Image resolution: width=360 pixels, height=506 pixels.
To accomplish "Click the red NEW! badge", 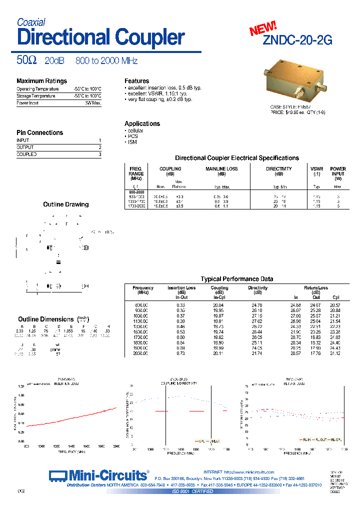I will pyautogui.click(x=263, y=28).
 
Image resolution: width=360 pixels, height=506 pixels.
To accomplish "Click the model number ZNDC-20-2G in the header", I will pyautogui.click(x=297, y=41).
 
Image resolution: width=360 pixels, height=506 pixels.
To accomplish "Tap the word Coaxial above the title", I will pyautogui.click(x=31, y=22).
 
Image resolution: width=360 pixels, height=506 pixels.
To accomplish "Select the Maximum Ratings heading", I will pyautogui.click(x=41, y=81).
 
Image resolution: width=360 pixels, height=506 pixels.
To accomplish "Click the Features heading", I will pyautogui.click(x=136, y=81).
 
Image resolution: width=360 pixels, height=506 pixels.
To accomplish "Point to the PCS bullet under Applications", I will pyautogui.click(x=133, y=136).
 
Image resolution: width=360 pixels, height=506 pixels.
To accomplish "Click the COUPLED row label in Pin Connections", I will pyautogui.click(x=26, y=154).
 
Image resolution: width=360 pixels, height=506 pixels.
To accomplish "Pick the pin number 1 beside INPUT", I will pyautogui.click(x=100, y=140).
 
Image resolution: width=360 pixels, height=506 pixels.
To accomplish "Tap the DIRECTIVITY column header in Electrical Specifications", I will pyautogui.click(x=278, y=169).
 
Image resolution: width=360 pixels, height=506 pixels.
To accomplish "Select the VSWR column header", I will pyautogui.click(x=316, y=169).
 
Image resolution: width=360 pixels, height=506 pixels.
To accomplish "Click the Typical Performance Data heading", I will pyautogui.click(x=237, y=279).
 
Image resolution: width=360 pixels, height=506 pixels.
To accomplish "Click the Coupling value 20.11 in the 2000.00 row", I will pyautogui.click(x=218, y=353).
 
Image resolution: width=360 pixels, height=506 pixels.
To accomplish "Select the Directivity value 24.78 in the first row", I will pyautogui.click(x=257, y=305).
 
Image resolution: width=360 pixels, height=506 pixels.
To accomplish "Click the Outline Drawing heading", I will pyautogui.click(x=66, y=204).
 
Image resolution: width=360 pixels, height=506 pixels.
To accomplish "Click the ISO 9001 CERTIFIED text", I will pyautogui.click(x=193, y=491).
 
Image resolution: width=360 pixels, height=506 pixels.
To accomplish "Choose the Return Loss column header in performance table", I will pyautogui.click(x=316, y=288).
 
